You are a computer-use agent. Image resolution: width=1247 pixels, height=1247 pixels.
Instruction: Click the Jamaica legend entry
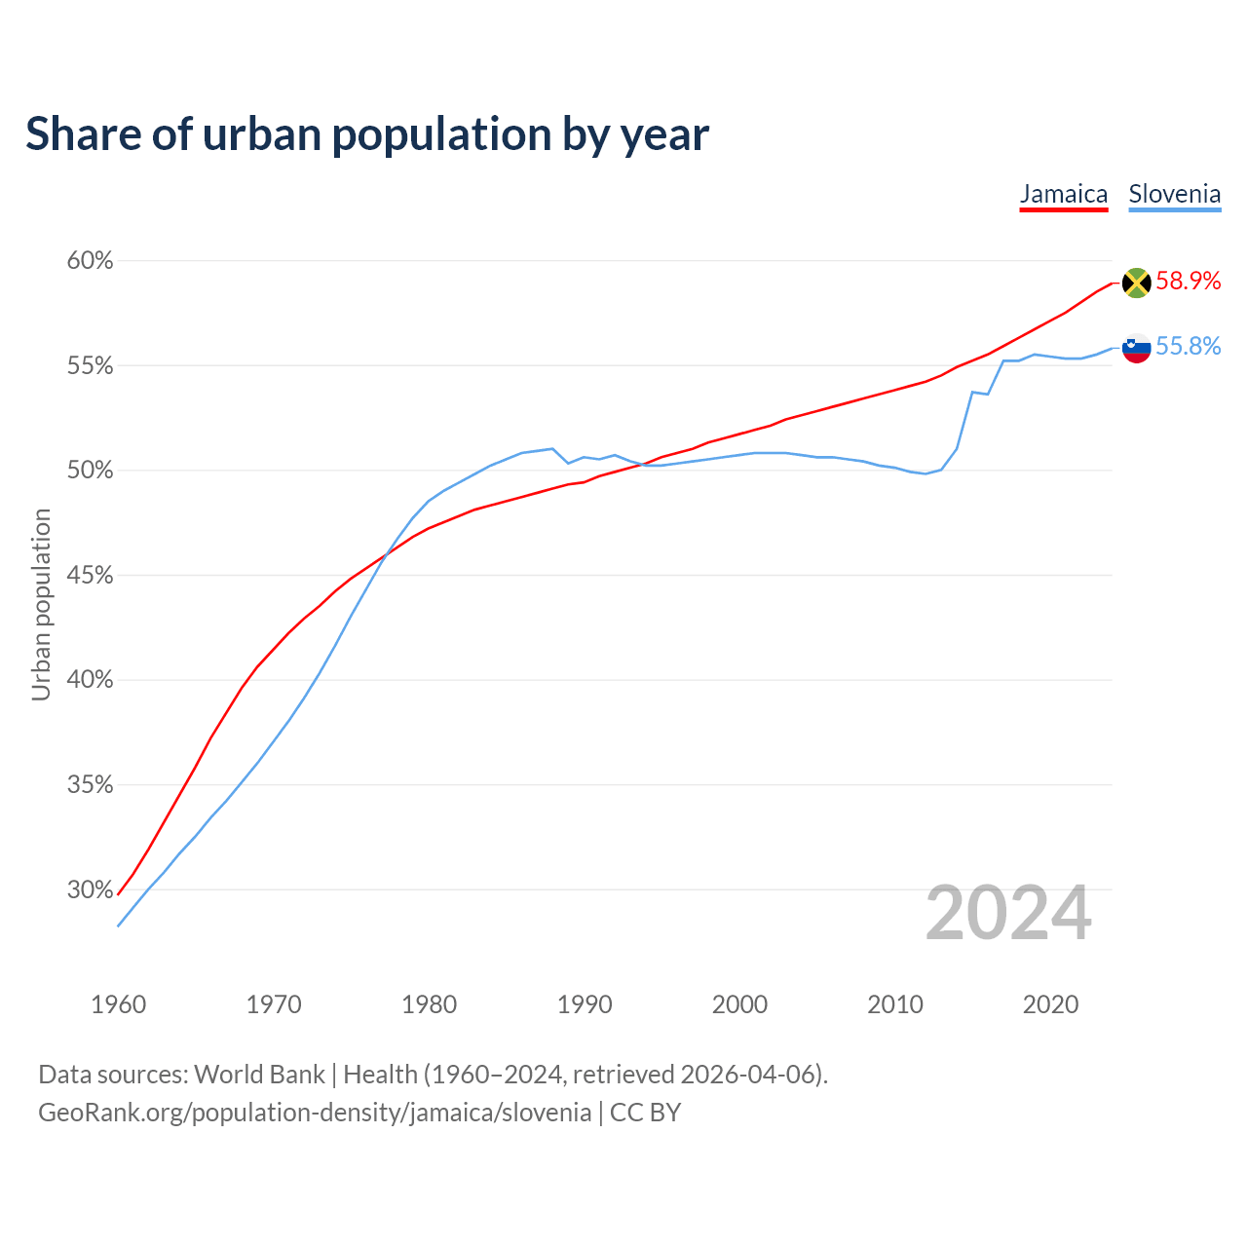[x=1063, y=194]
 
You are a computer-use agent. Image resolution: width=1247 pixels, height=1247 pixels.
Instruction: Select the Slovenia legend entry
[x=1174, y=194]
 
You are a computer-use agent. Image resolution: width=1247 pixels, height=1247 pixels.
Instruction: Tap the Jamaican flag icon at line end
[x=1136, y=283]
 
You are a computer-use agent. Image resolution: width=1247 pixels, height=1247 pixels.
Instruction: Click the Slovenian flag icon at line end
[x=1136, y=348]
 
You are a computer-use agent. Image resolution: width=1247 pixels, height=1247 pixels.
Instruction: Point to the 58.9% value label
[x=1188, y=282]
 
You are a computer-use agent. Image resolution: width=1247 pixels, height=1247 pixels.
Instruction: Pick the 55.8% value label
[x=1188, y=347]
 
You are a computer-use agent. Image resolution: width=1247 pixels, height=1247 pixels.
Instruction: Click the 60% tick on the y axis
[x=90, y=261]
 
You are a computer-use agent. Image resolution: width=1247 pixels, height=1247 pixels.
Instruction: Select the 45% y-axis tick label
[x=90, y=576]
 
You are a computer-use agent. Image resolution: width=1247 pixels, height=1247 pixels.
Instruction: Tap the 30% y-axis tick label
[x=90, y=890]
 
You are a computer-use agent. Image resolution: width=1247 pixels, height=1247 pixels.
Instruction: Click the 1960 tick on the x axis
[x=118, y=1004]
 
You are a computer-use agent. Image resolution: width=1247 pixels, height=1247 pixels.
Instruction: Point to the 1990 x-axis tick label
[x=585, y=1004]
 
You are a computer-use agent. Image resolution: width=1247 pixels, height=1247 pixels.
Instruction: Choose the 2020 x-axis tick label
[x=1050, y=1004]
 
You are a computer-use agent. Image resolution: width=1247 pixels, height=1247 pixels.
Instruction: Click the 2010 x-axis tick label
[x=895, y=1004]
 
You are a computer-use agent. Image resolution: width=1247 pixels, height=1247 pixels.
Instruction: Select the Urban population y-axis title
[x=41, y=604]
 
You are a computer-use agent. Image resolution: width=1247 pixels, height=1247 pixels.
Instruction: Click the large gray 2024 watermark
[x=1008, y=913]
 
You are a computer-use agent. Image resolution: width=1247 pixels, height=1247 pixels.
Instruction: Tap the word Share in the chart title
[x=82, y=133]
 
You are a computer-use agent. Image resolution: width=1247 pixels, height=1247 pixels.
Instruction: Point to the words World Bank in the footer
[x=259, y=1075]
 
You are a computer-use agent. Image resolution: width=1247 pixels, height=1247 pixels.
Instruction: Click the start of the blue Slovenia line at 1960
[x=119, y=925]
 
